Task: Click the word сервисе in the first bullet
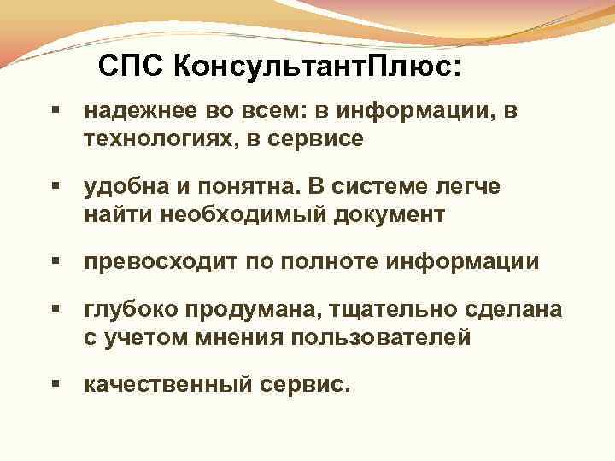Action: click(x=319, y=139)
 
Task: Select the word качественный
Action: click(x=168, y=385)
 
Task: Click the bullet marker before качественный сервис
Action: click(x=56, y=384)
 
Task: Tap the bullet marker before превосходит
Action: click(x=56, y=260)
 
